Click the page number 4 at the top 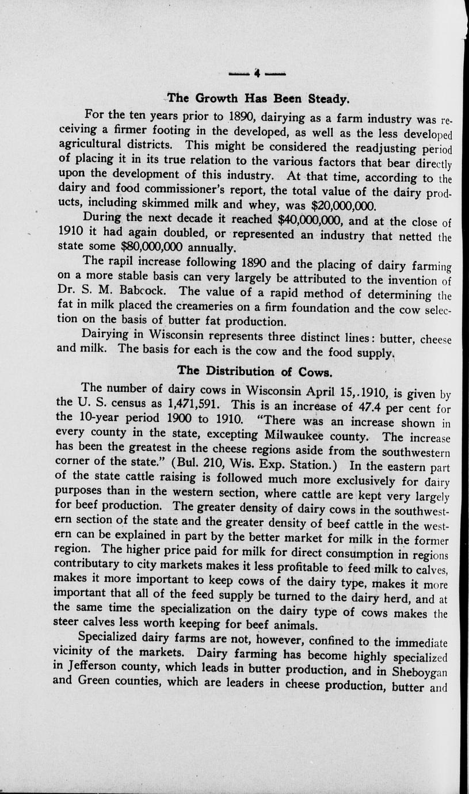click(257, 74)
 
